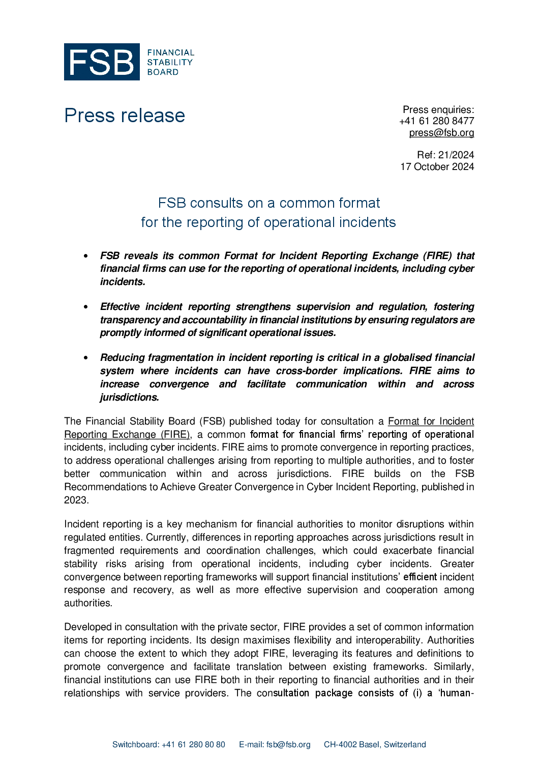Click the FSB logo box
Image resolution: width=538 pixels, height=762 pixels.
[x=102, y=62]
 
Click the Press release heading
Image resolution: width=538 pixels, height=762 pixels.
[x=125, y=116]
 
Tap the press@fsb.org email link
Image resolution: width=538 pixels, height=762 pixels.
[x=441, y=133]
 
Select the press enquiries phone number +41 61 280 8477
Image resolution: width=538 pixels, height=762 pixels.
[x=436, y=121]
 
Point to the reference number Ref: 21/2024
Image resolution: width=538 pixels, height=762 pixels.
[x=445, y=155]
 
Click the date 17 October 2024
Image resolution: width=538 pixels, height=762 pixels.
[x=437, y=167]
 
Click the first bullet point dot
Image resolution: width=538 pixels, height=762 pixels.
[x=86, y=256]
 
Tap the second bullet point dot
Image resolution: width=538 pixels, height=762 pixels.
[x=86, y=307]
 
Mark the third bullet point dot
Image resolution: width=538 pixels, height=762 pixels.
[x=86, y=358]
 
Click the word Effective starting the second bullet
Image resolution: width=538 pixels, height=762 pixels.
[x=120, y=307]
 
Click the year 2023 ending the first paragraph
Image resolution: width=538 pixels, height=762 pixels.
[x=76, y=500]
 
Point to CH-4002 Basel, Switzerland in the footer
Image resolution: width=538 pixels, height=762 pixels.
[x=375, y=745]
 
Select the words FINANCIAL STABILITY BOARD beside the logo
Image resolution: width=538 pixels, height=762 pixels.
[x=170, y=62]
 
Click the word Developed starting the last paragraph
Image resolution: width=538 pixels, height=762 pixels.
[x=87, y=627]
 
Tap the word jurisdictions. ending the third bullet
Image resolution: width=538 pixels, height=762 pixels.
[x=130, y=398]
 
